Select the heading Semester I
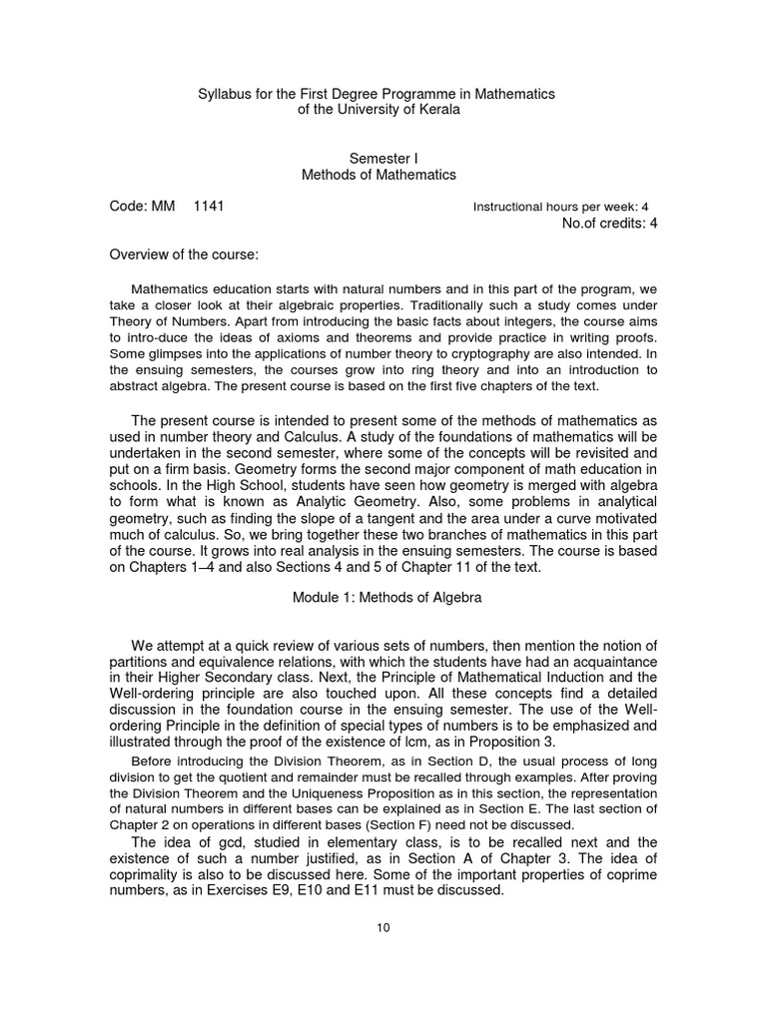[x=379, y=158]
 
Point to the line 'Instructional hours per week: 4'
[x=560, y=208]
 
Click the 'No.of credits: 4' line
[x=610, y=223]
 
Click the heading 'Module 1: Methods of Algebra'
[x=379, y=599]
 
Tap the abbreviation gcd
[x=191, y=843]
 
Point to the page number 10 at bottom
[x=383, y=928]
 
